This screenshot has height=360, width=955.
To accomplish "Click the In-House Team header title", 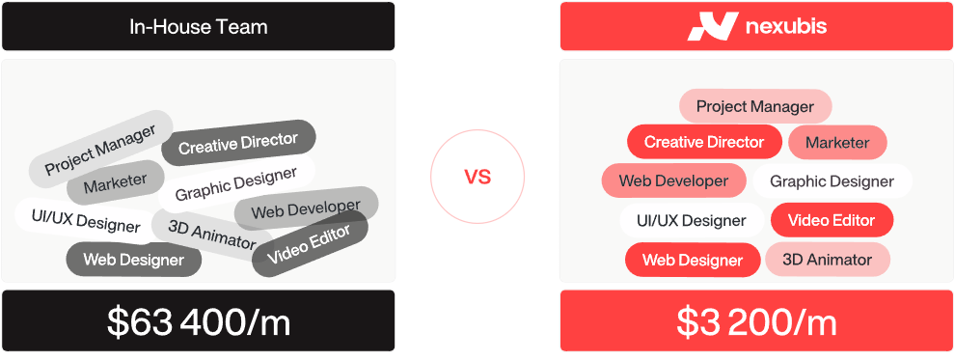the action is [198, 27].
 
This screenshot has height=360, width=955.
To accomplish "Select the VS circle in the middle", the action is [477, 178].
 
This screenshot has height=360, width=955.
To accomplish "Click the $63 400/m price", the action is [199, 321].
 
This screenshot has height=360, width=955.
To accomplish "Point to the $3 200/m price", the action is [757, 321].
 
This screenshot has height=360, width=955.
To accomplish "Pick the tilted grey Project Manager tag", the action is [101, 150].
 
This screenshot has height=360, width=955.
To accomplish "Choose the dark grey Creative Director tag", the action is [239, 143].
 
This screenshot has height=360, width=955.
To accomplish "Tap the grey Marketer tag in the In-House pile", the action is [115, 182].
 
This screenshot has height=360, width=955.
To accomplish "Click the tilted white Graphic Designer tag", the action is [236, 183].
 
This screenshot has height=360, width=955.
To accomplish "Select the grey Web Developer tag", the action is [307, 208].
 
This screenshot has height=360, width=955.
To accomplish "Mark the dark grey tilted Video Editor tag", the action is [310, 243].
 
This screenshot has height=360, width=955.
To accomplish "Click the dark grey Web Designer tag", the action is [134, 260].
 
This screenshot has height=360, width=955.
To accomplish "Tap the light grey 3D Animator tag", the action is [212, 235].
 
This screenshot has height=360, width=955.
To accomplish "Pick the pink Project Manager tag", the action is [755, 106].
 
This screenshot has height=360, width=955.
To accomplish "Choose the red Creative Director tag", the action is [704, 142].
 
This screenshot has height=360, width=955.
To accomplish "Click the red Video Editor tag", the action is [832, 220].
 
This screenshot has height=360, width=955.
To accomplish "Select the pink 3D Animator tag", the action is [827, 260].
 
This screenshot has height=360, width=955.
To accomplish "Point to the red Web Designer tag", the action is [693, 260].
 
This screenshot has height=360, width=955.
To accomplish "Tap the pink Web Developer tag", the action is [673, 180].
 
